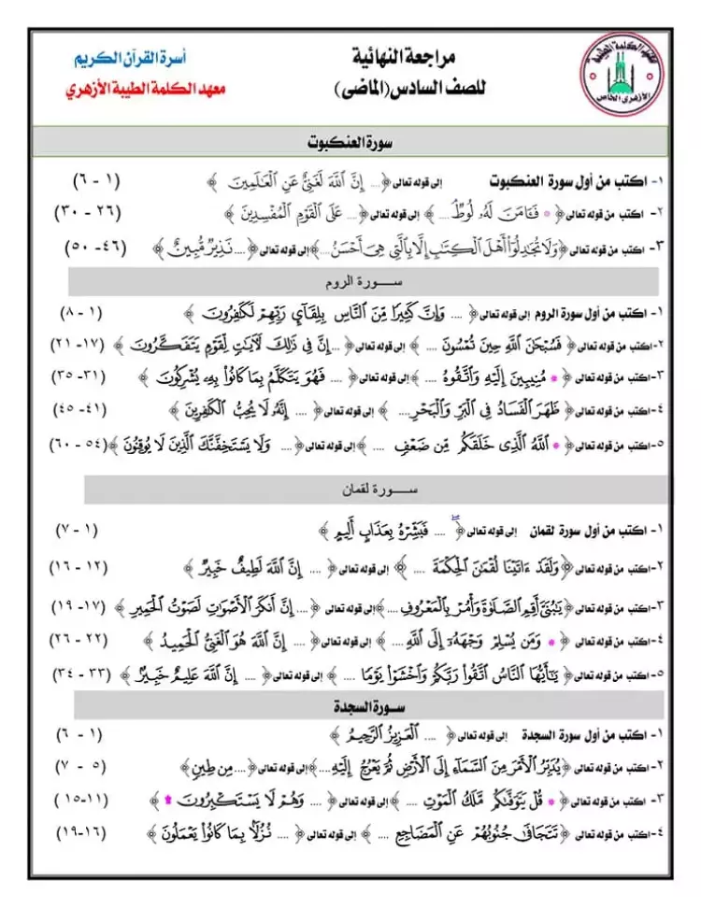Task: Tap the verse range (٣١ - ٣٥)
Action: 91,376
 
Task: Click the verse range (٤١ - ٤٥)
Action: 91,409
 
